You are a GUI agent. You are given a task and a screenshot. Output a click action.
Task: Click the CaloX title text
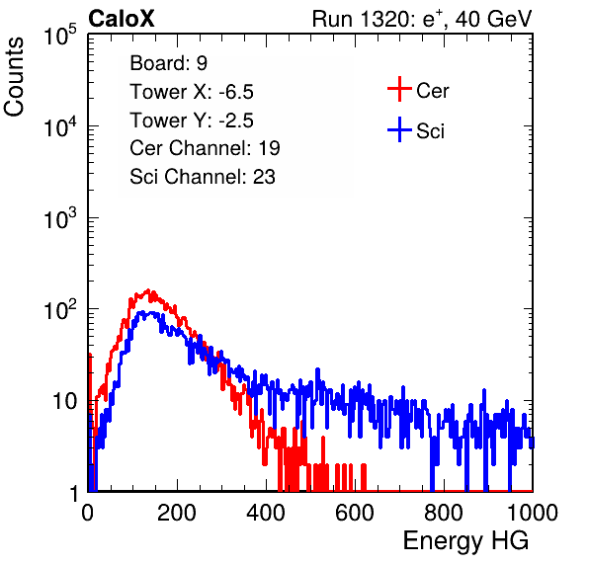122,19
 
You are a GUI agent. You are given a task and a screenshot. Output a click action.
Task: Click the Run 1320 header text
422,19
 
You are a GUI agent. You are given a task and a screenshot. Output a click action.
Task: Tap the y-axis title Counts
14,77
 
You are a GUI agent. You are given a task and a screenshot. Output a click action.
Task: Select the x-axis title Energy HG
465,541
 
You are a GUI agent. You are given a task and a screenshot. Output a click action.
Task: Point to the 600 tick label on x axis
355,513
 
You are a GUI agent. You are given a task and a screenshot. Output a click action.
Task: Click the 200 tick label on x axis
177,513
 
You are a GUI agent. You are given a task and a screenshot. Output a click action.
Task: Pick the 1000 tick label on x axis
533,513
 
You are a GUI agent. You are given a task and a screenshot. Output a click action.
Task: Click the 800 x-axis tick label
444,513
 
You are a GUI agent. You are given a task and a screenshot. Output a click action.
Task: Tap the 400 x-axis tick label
266,513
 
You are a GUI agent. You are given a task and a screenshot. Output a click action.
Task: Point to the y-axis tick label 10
64,401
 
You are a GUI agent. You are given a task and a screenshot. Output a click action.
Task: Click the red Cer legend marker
399,89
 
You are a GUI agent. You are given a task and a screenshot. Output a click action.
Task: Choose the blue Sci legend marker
399,129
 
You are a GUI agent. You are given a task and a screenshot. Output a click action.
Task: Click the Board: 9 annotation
168,63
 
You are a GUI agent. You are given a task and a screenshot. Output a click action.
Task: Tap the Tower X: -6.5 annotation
192,92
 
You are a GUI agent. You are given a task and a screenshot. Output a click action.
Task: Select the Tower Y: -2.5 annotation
192,121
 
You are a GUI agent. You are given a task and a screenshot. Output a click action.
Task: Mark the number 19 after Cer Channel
269,148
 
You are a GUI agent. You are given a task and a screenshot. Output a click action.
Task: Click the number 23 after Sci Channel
264,177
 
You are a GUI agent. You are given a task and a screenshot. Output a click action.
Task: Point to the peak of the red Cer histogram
148,290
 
